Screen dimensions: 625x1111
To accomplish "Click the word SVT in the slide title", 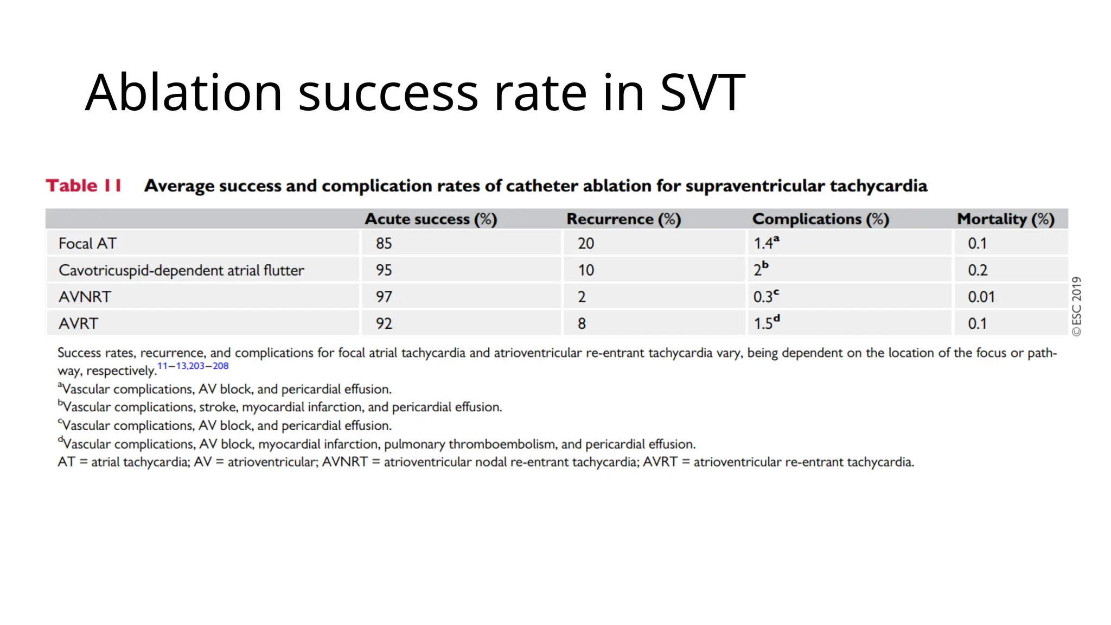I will point(703,93).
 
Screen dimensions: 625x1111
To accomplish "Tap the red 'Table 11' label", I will point(84,186).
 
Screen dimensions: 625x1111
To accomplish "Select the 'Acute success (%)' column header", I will point(431,219).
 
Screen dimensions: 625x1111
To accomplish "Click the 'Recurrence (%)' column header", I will point(623,219).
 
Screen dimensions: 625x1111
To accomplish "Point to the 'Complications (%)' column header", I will point(820,219).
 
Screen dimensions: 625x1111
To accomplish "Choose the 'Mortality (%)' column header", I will point(1005,219).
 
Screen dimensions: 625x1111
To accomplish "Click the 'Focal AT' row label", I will point(87,244).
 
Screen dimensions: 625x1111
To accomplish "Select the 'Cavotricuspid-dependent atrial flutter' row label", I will point(181,270).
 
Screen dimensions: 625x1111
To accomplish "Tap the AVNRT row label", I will point(85,297).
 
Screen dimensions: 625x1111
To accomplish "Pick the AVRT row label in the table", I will point(78,323).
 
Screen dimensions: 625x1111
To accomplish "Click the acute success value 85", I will point(384,244).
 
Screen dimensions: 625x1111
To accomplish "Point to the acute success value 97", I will point(384,297).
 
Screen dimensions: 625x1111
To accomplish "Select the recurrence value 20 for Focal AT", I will point(585,244).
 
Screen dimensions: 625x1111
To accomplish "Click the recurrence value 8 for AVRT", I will point(582,323).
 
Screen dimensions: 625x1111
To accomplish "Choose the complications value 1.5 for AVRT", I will point(763,323).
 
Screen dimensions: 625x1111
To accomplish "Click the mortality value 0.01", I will point(981,297).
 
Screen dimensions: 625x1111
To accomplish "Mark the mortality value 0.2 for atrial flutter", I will point(978,270).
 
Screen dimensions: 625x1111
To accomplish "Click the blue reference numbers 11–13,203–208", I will point(193,366).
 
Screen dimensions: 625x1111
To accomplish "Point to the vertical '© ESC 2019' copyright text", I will point(1076,307).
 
